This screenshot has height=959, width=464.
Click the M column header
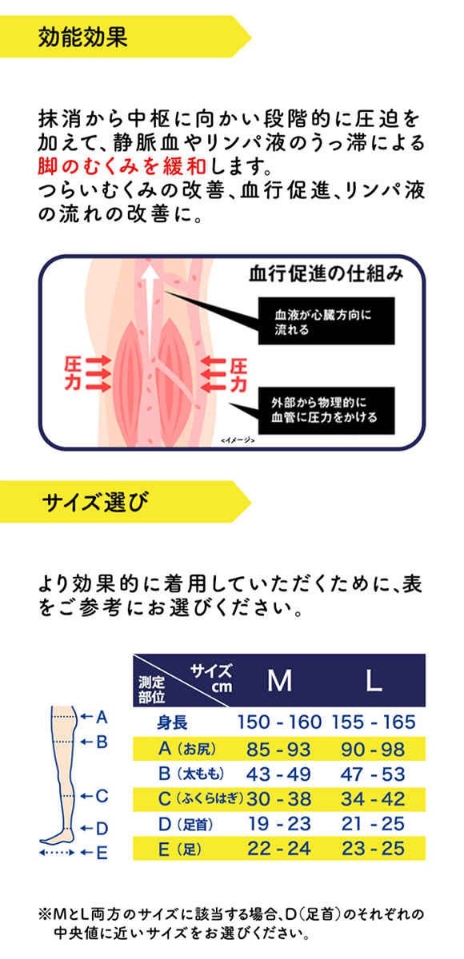click(x=279, y=680)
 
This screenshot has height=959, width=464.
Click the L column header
click(x=374, y=680)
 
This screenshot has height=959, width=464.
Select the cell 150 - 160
click(x=279, y=723)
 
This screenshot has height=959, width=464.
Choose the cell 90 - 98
click(x=374, y=749)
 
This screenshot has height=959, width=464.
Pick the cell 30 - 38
click(x=279, y=798)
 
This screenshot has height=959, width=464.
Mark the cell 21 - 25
click(x=374, y=822)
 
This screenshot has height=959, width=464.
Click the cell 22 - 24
click(x=279, y=848)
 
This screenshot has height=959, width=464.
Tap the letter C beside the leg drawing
click(x=102, y=795)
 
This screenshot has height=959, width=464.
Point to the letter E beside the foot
click(x=102, y=853)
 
